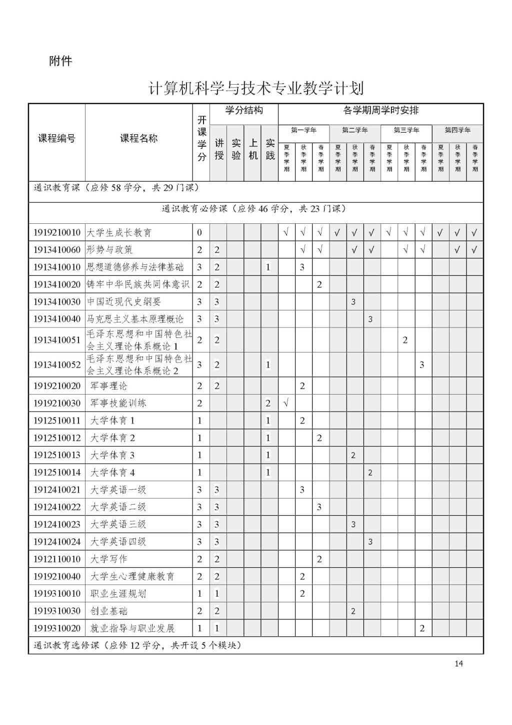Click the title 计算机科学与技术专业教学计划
(256, 89)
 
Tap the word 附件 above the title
(60, 61)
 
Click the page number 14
(458, 664)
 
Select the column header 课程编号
(57, 139)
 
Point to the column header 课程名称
(138, 139)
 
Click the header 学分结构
(244, 111)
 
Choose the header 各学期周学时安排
(381, 111)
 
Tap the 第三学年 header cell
(406, 131)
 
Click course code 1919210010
(57, 233)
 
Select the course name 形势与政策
(109, 250)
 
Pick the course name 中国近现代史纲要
(124, 302)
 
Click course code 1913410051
(57, 340)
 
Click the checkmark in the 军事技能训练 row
(286, 403)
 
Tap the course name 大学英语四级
(118, 542)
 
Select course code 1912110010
(57, 559)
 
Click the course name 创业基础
(108, 611)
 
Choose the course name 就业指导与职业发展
(132, 628)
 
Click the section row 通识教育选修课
(137, 645)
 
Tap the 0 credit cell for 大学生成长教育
(200, 233)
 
